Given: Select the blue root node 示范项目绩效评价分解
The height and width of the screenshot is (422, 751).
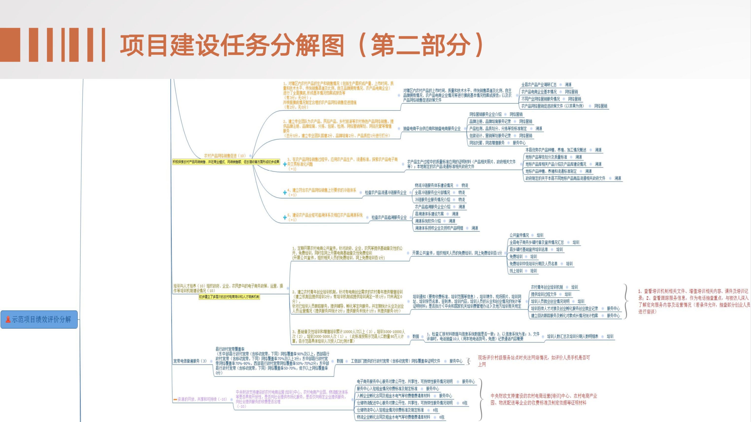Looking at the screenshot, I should point(39,320).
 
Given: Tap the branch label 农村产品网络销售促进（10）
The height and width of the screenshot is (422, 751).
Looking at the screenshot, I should point(224,156).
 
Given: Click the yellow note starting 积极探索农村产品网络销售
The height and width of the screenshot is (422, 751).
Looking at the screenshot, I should point(226,162).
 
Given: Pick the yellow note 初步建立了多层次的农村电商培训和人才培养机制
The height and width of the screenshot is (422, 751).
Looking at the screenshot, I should point(229,297).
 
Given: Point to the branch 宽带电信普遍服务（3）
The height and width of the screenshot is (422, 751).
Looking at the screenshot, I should point(190,361).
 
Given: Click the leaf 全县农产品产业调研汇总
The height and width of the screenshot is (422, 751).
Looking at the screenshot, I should point(539,85).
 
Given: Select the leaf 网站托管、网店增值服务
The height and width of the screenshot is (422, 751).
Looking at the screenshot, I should point(487,143).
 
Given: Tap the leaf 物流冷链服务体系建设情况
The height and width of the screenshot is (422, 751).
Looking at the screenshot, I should point(434,185).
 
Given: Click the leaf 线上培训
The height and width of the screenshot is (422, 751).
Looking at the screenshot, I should point(516,271).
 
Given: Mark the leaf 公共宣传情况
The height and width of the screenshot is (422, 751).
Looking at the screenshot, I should point(519,235).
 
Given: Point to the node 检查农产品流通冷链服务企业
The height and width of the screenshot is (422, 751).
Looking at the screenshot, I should point(385,193).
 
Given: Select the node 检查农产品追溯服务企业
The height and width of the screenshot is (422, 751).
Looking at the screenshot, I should point(389,218).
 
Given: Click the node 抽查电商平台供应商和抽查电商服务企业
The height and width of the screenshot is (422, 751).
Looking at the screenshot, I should point(432,129).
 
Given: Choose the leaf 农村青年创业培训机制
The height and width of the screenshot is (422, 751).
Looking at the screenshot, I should point(547,287).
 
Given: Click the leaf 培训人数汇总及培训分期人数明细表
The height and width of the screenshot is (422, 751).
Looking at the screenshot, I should point(573,336).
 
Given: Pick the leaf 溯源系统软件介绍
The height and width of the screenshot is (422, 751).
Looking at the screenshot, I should point(428,221).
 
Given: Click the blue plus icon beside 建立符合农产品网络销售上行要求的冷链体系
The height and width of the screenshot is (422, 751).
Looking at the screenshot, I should point(285,193).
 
